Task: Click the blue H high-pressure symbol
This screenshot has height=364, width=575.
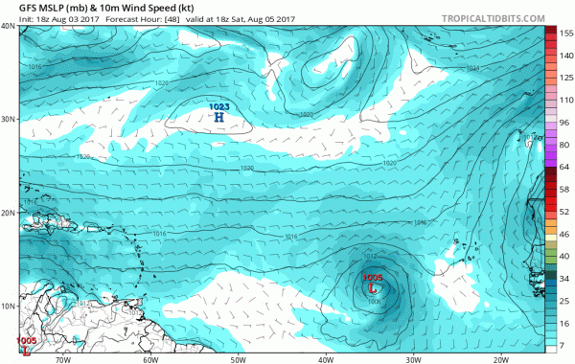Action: click(218, 117)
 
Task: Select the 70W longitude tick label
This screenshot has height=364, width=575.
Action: click(64, 360)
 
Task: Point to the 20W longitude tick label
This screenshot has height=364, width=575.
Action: click(500, 360)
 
